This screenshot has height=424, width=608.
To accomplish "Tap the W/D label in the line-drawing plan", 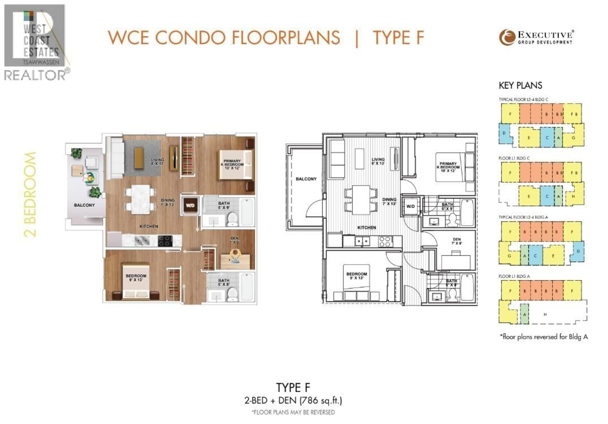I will click(x=410, y=206).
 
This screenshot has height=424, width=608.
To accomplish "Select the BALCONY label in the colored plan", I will click(x=84, y=205).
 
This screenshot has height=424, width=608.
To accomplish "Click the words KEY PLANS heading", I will click(x=520, y=85).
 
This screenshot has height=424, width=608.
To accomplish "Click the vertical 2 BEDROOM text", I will click(x=30, y=195).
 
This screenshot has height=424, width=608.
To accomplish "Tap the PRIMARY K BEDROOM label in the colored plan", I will click(x=232, y=164).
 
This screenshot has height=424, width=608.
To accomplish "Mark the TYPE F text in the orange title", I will click(x=399, y=38).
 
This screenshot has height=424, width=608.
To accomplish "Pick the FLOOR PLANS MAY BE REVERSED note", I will click(x=293, y=412).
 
